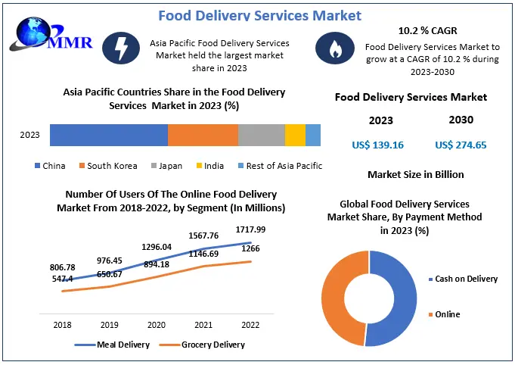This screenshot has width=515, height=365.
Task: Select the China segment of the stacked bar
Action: click(108, 135)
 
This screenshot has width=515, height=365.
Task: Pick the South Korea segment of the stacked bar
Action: click(202, 135)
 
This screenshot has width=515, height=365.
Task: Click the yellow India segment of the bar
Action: click(295, 135)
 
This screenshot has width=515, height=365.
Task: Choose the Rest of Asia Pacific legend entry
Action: click(280, 166)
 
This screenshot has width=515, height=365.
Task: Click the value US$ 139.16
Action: click(378, 145)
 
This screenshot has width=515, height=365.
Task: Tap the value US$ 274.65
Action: click(461, 145)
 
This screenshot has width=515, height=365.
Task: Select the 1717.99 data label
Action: click(250, 229)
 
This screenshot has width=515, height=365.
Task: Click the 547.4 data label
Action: click(63, 279)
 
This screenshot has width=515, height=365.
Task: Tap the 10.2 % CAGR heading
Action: click(427, 31)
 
